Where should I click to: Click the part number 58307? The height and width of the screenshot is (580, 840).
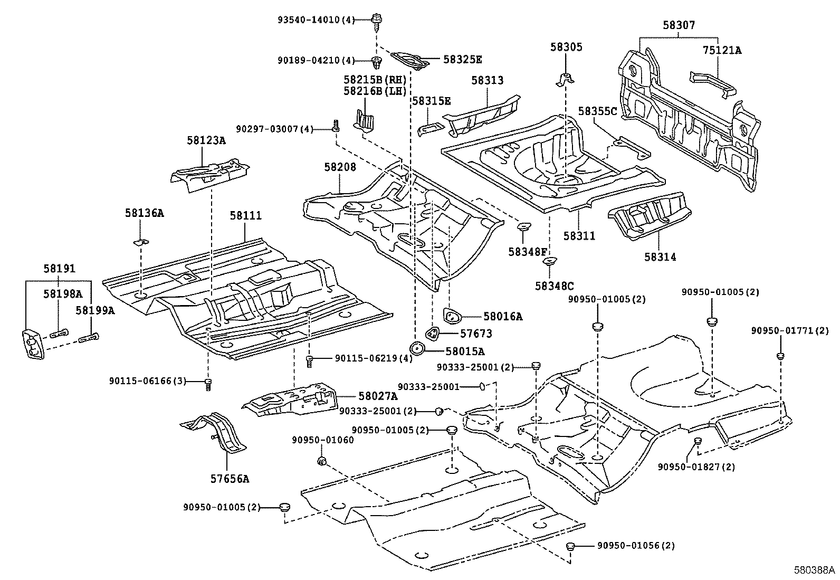coord(679,25)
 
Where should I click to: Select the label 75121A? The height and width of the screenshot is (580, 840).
coord(721,51)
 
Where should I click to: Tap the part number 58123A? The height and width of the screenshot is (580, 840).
coord(205,140)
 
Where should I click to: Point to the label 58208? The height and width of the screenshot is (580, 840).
coord(340,167)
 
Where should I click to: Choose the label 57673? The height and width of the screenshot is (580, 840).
coord(475,334)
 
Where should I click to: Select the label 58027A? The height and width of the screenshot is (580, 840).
coord(378,396)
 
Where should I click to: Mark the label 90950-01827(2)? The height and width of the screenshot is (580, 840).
coord(689,467)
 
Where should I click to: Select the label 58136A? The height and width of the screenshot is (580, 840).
coord(144,213)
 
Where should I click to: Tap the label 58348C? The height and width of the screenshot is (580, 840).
coord(554,286)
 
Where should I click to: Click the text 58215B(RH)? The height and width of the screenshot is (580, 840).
coord(375,80)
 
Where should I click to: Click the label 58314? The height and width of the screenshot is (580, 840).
coord(660,257)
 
